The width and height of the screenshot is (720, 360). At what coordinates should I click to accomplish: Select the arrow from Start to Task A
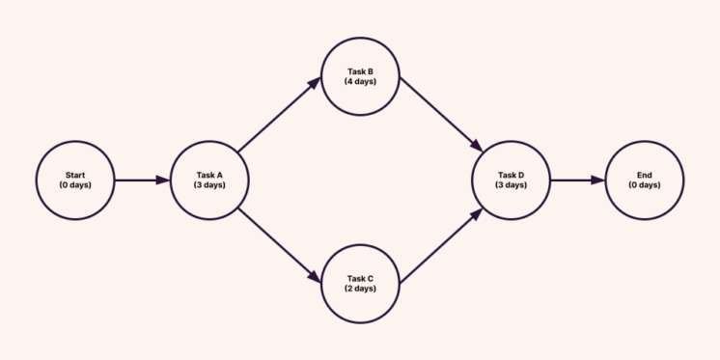tap(142, 180)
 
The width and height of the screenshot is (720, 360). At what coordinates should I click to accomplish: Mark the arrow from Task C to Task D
tap(440, 245)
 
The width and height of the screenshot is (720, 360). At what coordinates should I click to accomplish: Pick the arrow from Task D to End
tap(578, 180)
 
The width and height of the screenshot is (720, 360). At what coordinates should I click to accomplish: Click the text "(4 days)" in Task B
tap(360, 81)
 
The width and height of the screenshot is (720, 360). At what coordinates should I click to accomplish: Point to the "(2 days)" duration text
tap(360, 289)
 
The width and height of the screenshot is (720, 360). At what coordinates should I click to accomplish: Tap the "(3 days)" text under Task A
tap(209, 184)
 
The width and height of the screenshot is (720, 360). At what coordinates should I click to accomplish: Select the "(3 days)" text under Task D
tap(512, 184)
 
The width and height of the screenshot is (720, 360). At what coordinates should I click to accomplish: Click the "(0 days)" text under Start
tap(75, 184)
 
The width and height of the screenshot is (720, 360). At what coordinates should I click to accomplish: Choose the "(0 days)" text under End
tap(645, 184)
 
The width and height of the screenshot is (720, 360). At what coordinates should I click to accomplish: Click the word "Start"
tap(75, 175)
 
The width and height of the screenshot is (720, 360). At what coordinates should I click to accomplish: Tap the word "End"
tap(645, 175)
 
